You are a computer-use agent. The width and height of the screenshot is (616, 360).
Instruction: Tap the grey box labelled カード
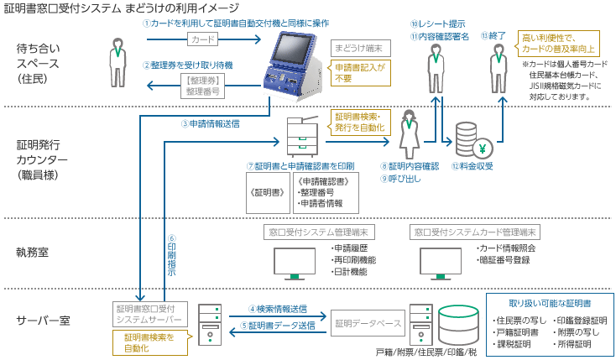point(202,39)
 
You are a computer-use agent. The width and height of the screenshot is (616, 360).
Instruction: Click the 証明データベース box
point(368,323)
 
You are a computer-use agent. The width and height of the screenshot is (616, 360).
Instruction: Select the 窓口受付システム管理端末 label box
point(319,231)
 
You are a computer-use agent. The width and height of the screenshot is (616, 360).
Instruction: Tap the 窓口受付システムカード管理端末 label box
point(473,231)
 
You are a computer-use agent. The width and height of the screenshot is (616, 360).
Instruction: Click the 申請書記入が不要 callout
point(361,72)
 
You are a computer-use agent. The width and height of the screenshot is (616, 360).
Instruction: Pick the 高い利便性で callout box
point(558,44)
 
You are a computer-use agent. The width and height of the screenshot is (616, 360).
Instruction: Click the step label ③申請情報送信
point(211,123)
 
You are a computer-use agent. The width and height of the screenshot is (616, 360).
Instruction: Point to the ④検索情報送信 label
point(278,309)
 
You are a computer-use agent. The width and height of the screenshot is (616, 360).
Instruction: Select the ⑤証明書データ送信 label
point(278,326)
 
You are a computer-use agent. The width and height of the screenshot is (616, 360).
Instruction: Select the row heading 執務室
point(34,251)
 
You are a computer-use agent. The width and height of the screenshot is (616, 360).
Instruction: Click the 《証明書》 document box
point(266,192)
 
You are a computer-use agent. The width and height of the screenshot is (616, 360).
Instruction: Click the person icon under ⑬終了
point(495,66)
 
